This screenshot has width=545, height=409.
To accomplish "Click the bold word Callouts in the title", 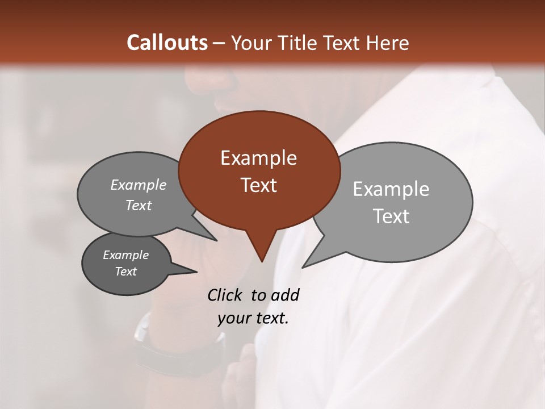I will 167,43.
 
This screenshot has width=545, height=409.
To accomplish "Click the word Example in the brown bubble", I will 258,158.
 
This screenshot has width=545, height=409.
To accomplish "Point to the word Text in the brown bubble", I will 258,185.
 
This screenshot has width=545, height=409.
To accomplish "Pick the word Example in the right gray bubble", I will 391,189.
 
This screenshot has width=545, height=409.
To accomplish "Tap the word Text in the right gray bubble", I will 391,216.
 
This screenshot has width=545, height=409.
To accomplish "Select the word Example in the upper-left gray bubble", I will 139,185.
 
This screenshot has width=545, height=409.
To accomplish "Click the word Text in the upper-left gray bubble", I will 139,205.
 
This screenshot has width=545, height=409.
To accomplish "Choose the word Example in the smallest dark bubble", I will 125,255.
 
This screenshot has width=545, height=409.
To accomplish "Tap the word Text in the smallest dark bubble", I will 125,272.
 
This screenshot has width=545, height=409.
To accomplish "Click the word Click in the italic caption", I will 225,295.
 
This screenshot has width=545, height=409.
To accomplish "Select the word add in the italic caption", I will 284,295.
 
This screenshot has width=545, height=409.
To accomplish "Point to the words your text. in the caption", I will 253,318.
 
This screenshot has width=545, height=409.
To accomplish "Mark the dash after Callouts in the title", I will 219,43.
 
